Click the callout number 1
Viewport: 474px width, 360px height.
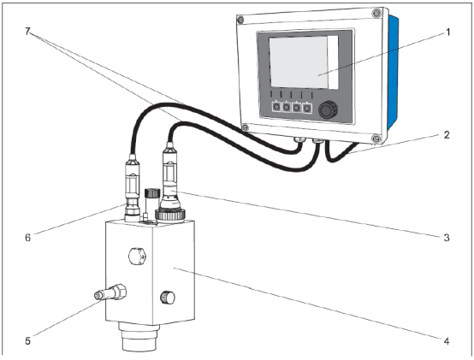[448, 32]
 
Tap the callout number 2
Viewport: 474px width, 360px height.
[447, 135]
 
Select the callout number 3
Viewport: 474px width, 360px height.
[447, 238]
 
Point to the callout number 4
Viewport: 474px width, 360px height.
[447, 341]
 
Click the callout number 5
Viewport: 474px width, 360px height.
[28, 341]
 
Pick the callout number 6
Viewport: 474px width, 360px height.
[28, 238]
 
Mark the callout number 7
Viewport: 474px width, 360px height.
[28, 31]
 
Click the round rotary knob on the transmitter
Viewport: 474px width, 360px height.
[328, 109]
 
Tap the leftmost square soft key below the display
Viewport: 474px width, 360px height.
[276, 107]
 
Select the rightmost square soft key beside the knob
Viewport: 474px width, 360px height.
[307, 108]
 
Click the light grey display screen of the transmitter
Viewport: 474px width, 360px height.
[298, 62]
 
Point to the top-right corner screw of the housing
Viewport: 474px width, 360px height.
[376, 13]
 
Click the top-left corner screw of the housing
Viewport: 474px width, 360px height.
[240, 21]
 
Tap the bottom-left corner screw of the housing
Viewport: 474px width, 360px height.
[246, 127]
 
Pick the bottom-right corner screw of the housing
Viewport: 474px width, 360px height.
[376, 139]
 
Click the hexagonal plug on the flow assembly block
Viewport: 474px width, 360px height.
[137, 257]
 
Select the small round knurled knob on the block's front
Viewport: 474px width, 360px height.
[167, 298]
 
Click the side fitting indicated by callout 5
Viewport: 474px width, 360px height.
[110, 292]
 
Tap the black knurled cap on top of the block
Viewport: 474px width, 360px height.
[152, 192]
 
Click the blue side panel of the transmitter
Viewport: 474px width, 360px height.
[393, 73]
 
